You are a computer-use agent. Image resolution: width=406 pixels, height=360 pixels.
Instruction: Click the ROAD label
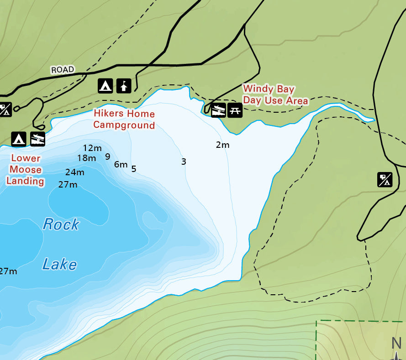pyautogui.click(x=62, y=70)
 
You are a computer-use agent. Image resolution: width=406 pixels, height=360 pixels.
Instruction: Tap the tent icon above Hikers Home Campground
pyautogui.click(x=105, y=85)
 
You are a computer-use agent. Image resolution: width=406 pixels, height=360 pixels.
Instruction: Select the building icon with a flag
pyautogui.click(x=124, y=85)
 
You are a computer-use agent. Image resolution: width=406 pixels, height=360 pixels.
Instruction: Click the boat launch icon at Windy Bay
pyautogui.click(x=219, y=110)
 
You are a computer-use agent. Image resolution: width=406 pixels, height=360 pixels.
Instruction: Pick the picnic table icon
pyautogui.click(x=235, y=110)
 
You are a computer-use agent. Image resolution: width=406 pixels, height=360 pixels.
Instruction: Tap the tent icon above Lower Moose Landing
pyautogui.click(x=19, y=139)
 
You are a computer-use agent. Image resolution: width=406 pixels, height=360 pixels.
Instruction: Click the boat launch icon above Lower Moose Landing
pyautogui.click(x=37, y=139)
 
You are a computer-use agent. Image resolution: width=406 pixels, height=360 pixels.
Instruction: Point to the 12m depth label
pyautogui.click(x=92, y=148)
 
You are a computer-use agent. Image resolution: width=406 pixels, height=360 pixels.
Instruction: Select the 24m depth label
pyautogui.click(x=74, y=172)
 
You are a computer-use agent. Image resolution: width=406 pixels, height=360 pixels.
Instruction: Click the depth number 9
pyautogui.click(x=108, y=157)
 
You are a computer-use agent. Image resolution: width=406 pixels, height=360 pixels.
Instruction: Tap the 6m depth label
pyautogui.click(x=121, y=164)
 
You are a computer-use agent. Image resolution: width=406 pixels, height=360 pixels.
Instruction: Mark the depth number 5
pyautogui.click(x=134, y=169)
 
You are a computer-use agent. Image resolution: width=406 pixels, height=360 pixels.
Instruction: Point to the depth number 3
pyautogui.click(x=184, y=162)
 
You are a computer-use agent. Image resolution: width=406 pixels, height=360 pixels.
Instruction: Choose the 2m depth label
pyautogui.click(x=222, y=145)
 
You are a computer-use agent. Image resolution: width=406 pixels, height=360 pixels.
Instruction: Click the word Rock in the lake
pyautogui.click(x=61, y=224)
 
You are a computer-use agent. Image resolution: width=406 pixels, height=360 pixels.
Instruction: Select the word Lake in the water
pyautogui.click(x=59, y=264)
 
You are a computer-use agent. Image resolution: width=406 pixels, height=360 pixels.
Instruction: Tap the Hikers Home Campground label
pyautogui.click(x=124, y=120)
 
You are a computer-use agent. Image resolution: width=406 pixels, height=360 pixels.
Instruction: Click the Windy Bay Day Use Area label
pyautogui.click(x=275, y=95)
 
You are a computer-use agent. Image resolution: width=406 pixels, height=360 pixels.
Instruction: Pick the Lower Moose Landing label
pyautogui.click(x=26, y=170)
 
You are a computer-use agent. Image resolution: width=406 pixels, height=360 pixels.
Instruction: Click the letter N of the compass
pyautogui.click(x=396, y=343)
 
